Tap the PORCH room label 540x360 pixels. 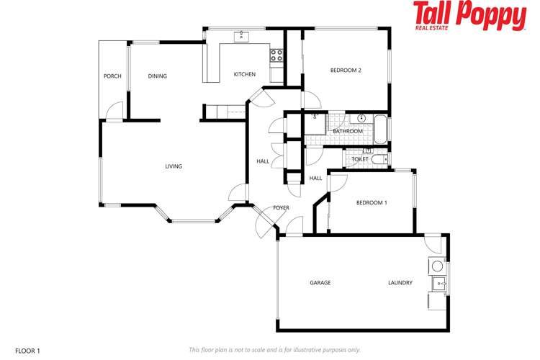tap(112, 76)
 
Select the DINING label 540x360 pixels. tap(157, 76)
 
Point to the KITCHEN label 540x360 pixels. tap(245, 74)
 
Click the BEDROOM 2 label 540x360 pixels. tap(346, 71)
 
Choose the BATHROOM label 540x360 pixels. tap(347, 131)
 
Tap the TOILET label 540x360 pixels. tap(360, 159)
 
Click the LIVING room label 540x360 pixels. tap(174, 166)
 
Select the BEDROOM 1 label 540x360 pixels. tap(372, 203)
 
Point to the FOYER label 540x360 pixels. tap(281, 208)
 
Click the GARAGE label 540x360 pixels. tap(320, 283)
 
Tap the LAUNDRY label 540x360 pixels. tap(400, 283)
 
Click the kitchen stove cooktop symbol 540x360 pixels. tap(276, 53)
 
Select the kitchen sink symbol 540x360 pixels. tap(240, 36)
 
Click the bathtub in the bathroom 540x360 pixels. tap(380, 130)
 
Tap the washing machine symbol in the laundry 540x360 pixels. tap(437, 266)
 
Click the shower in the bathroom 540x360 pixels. tap(315, 122)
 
